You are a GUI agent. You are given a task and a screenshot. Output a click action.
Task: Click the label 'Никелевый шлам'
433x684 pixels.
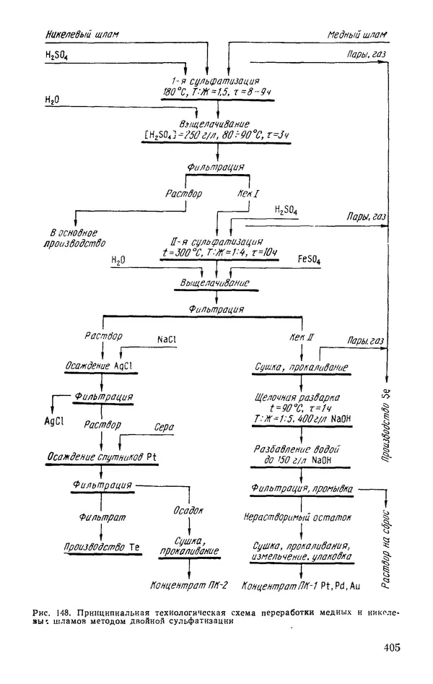[81, 34]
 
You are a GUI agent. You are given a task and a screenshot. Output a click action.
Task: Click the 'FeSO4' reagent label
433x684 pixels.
[311, 259]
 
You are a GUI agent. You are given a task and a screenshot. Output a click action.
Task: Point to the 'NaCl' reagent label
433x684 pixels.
[167, 339]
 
